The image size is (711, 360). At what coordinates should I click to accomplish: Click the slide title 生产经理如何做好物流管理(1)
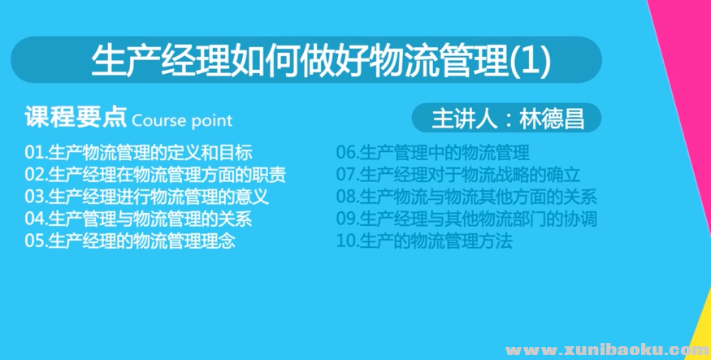pos(322,61)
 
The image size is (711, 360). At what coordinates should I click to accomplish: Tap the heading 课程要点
pos(76,118)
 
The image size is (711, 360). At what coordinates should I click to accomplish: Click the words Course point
pos(182,120)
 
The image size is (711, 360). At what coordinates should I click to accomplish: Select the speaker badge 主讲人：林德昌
pos(507,118)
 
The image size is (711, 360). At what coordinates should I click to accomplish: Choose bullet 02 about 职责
pos(155,174)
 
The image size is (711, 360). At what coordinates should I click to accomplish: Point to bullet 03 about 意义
pos(146,196)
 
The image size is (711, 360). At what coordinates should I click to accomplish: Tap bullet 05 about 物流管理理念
pos(130,241)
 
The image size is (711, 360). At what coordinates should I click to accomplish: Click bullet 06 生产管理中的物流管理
pos(433,152)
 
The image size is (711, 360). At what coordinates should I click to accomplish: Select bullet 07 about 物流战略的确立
pos(458,174)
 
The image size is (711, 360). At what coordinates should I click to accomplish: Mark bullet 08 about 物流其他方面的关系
pos(466,196)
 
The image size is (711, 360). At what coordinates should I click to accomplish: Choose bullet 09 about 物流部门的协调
pos(466,219)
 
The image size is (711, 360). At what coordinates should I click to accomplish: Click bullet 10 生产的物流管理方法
pos(424,241)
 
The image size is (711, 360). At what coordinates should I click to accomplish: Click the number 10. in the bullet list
pos(347,241)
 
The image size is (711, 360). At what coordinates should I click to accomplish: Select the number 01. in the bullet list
pos(37,152)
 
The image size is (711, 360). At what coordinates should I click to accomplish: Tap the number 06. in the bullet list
pos(347,152)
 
